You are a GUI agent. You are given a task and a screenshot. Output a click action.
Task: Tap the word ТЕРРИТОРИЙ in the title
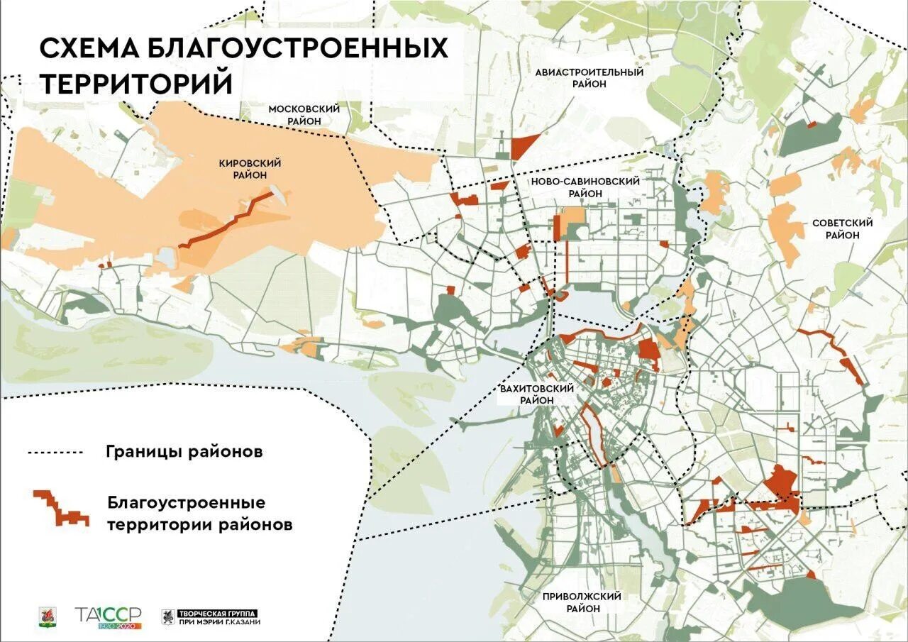136,83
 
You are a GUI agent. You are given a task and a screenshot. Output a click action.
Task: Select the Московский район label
304,115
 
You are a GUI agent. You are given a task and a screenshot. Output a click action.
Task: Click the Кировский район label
248,169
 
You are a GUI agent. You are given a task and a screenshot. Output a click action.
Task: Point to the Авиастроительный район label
589,78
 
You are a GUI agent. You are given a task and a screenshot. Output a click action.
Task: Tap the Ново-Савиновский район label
585,187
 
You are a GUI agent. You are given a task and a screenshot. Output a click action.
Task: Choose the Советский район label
842,228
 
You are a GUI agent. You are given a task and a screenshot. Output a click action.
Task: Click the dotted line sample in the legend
55,452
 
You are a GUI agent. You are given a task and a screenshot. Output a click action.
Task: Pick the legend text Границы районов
184,452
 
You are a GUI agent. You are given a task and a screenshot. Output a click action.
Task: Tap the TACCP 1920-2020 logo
109,616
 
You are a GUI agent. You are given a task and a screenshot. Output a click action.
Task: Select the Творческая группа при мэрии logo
211,616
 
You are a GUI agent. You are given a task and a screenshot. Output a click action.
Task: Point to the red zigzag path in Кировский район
225,221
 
